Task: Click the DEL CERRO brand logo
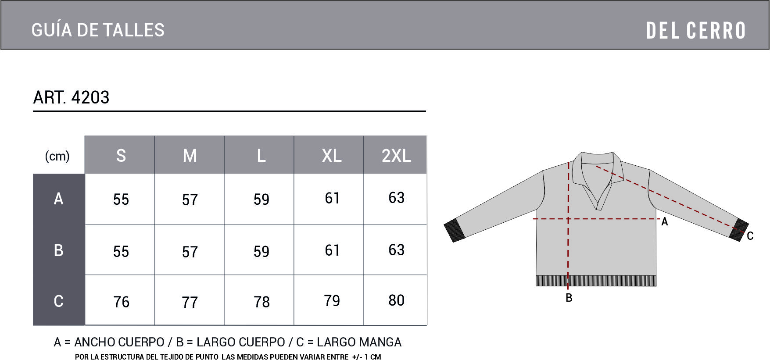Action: [696, 31]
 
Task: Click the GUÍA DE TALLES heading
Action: [98, 30]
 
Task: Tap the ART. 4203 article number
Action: [71, 97]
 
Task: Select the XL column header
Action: [332, 156]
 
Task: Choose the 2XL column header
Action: [396, 156]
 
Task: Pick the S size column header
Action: [121, 156]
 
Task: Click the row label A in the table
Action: [58, 199]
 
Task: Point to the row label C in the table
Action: [58, 301]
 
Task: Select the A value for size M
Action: [190, 200]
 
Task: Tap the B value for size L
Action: [261, 252]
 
